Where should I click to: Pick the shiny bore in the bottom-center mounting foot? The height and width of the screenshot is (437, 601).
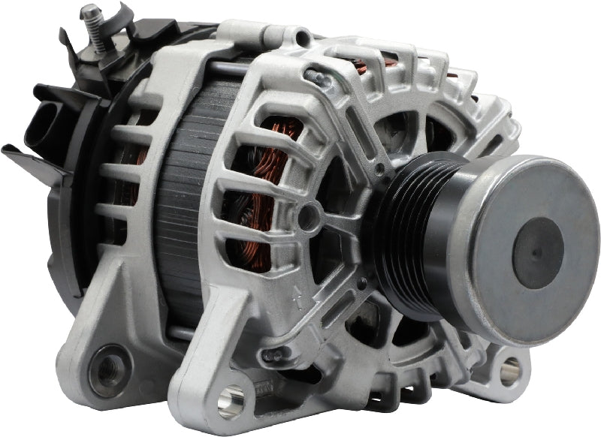pyautogui.click(x=230, y=401)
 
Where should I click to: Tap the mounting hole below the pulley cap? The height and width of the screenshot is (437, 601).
pyautogui.click(x=510, y=369)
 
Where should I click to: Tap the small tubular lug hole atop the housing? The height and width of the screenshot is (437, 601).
pyautogui.click(x=302, y=36)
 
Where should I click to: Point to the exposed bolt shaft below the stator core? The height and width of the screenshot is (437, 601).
pyautogui.click(x=180, y=331)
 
